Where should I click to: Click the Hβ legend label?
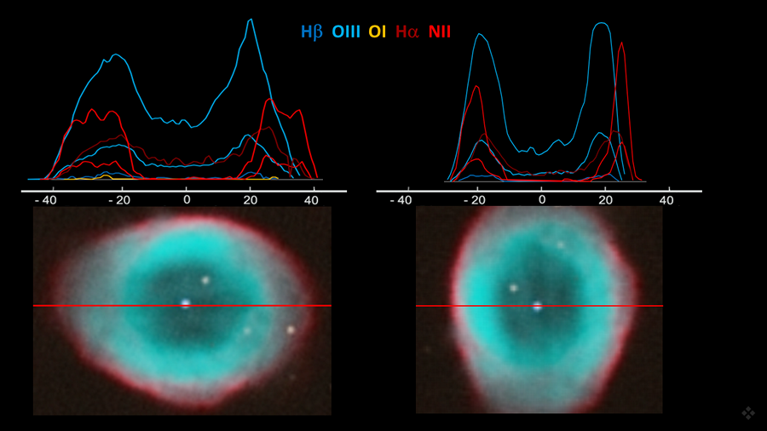click(311, 32)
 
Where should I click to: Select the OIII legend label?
click(346, 32)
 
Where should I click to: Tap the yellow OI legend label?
click(378, 32)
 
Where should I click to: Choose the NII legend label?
click(440, 32)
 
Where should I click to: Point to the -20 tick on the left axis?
click(118, 200)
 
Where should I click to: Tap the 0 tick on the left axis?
click(187, 200)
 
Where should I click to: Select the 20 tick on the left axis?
click(250, 200)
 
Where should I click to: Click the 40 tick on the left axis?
click(312, 200)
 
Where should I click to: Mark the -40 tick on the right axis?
click(400, 200)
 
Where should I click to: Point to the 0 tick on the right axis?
click(542, 200)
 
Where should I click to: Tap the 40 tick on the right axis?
click(667, 200)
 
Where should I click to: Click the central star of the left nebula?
click(185, 302)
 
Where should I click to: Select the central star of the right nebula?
click(537, 306)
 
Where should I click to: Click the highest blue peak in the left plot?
click(251, 20)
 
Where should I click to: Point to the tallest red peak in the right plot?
click(621, 43)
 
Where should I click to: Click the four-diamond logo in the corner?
click(748, 413)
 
